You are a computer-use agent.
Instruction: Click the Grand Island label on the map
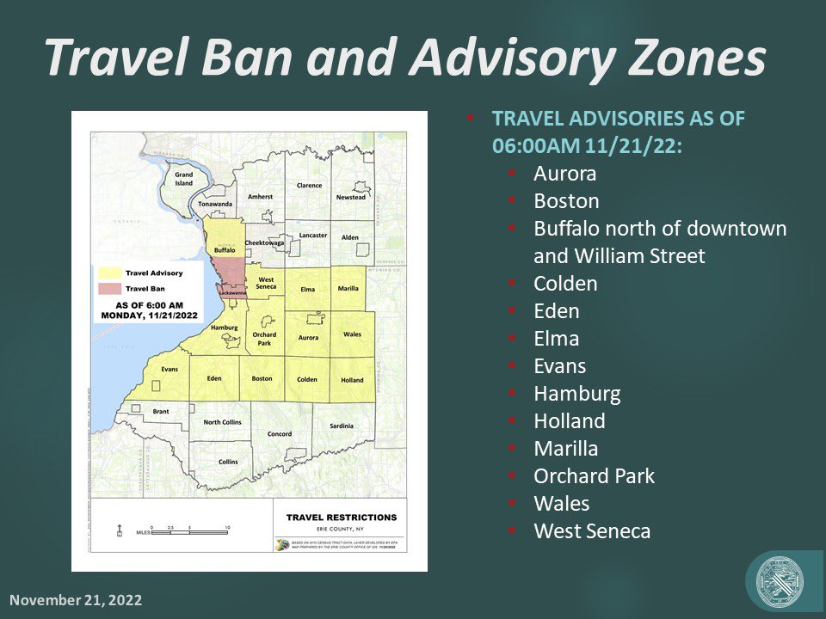point(184,178)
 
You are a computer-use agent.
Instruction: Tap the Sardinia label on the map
point(341,426)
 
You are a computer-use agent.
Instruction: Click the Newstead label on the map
point(350,197)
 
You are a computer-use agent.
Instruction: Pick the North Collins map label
point(223,422)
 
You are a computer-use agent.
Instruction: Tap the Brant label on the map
point(161,412)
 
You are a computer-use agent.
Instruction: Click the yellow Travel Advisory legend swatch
point(110,272)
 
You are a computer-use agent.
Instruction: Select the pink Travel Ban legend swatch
point(110,287)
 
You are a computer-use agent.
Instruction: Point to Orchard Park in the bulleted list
point(594,476)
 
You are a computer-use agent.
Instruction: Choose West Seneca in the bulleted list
point(592,531)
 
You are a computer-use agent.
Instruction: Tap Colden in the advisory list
point(565,284)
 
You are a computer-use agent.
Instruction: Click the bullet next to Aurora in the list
point(511,175)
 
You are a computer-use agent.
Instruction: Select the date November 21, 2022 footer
point(76,600)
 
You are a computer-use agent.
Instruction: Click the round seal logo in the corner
point(780,580)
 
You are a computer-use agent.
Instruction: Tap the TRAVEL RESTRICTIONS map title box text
point(341,518)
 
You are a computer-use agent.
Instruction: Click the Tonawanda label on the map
point(215,204)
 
